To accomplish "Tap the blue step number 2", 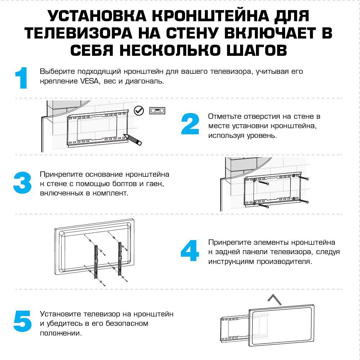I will (190, 125).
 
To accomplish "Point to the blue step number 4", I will (190, 251).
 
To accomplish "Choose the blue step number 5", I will (22, 321).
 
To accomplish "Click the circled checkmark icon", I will (139, 111).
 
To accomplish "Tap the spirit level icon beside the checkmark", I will (157, 110).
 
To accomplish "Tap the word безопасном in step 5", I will (127, 323).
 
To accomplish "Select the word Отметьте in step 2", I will (225, 117).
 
